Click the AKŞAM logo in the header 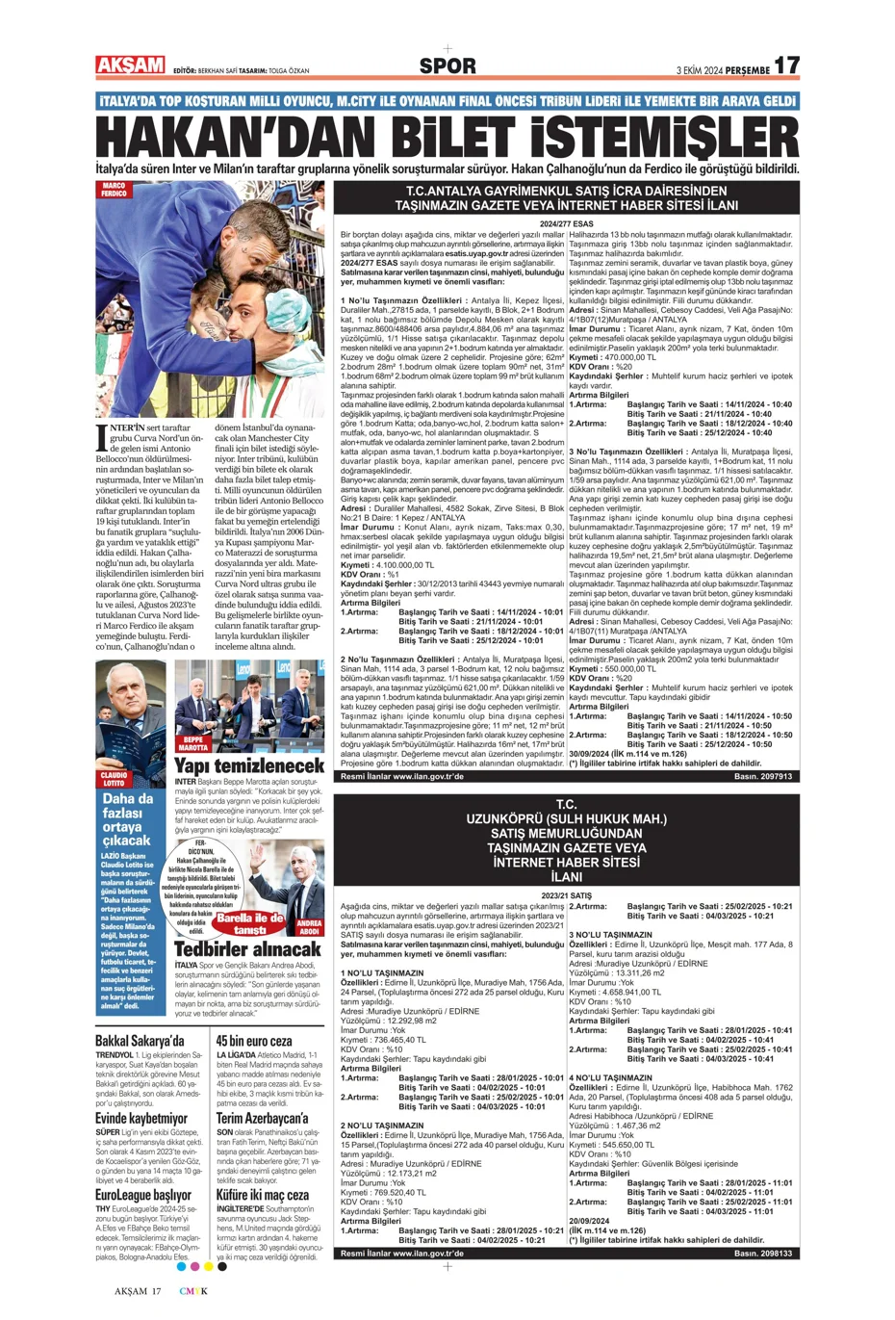[130, 65]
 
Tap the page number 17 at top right [786, 65]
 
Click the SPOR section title [447, 66]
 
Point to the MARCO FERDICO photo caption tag [114, 189]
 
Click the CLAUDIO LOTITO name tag [114, 779]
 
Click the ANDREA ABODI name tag [309, 928]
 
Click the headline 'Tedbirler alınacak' [246, 949]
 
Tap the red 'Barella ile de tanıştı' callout [249, 923]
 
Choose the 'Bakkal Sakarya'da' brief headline [140, 1042]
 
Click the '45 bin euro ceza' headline [254, 1042]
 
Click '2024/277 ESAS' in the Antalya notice [566, 224]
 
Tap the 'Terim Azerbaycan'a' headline [262, 1119]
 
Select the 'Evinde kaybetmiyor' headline [141, 1119]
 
